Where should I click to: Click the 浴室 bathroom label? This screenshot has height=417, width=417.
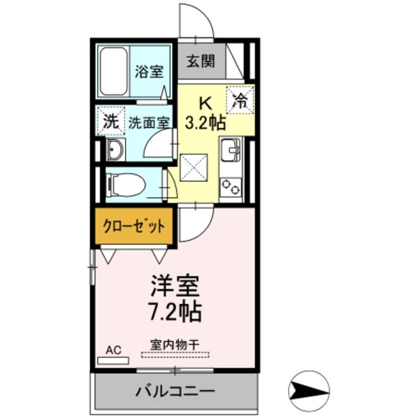pos(149,71)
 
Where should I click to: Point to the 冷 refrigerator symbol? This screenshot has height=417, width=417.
pos(240,101)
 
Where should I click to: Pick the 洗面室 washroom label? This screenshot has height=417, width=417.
pos(149,121)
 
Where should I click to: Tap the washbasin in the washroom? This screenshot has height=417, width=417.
pos(116,150)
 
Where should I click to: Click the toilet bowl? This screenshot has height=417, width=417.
pos(125,185)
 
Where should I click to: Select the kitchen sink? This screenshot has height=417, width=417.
pos(231,151)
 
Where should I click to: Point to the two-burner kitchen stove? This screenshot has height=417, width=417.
pos(230,187)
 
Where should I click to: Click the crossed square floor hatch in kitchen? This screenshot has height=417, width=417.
pos(194,167)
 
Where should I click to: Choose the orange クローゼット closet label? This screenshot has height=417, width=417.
pos(134,227)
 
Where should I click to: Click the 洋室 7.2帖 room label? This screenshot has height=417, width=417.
pos(175,296)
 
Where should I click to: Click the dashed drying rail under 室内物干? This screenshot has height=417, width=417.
pos(175,355)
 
